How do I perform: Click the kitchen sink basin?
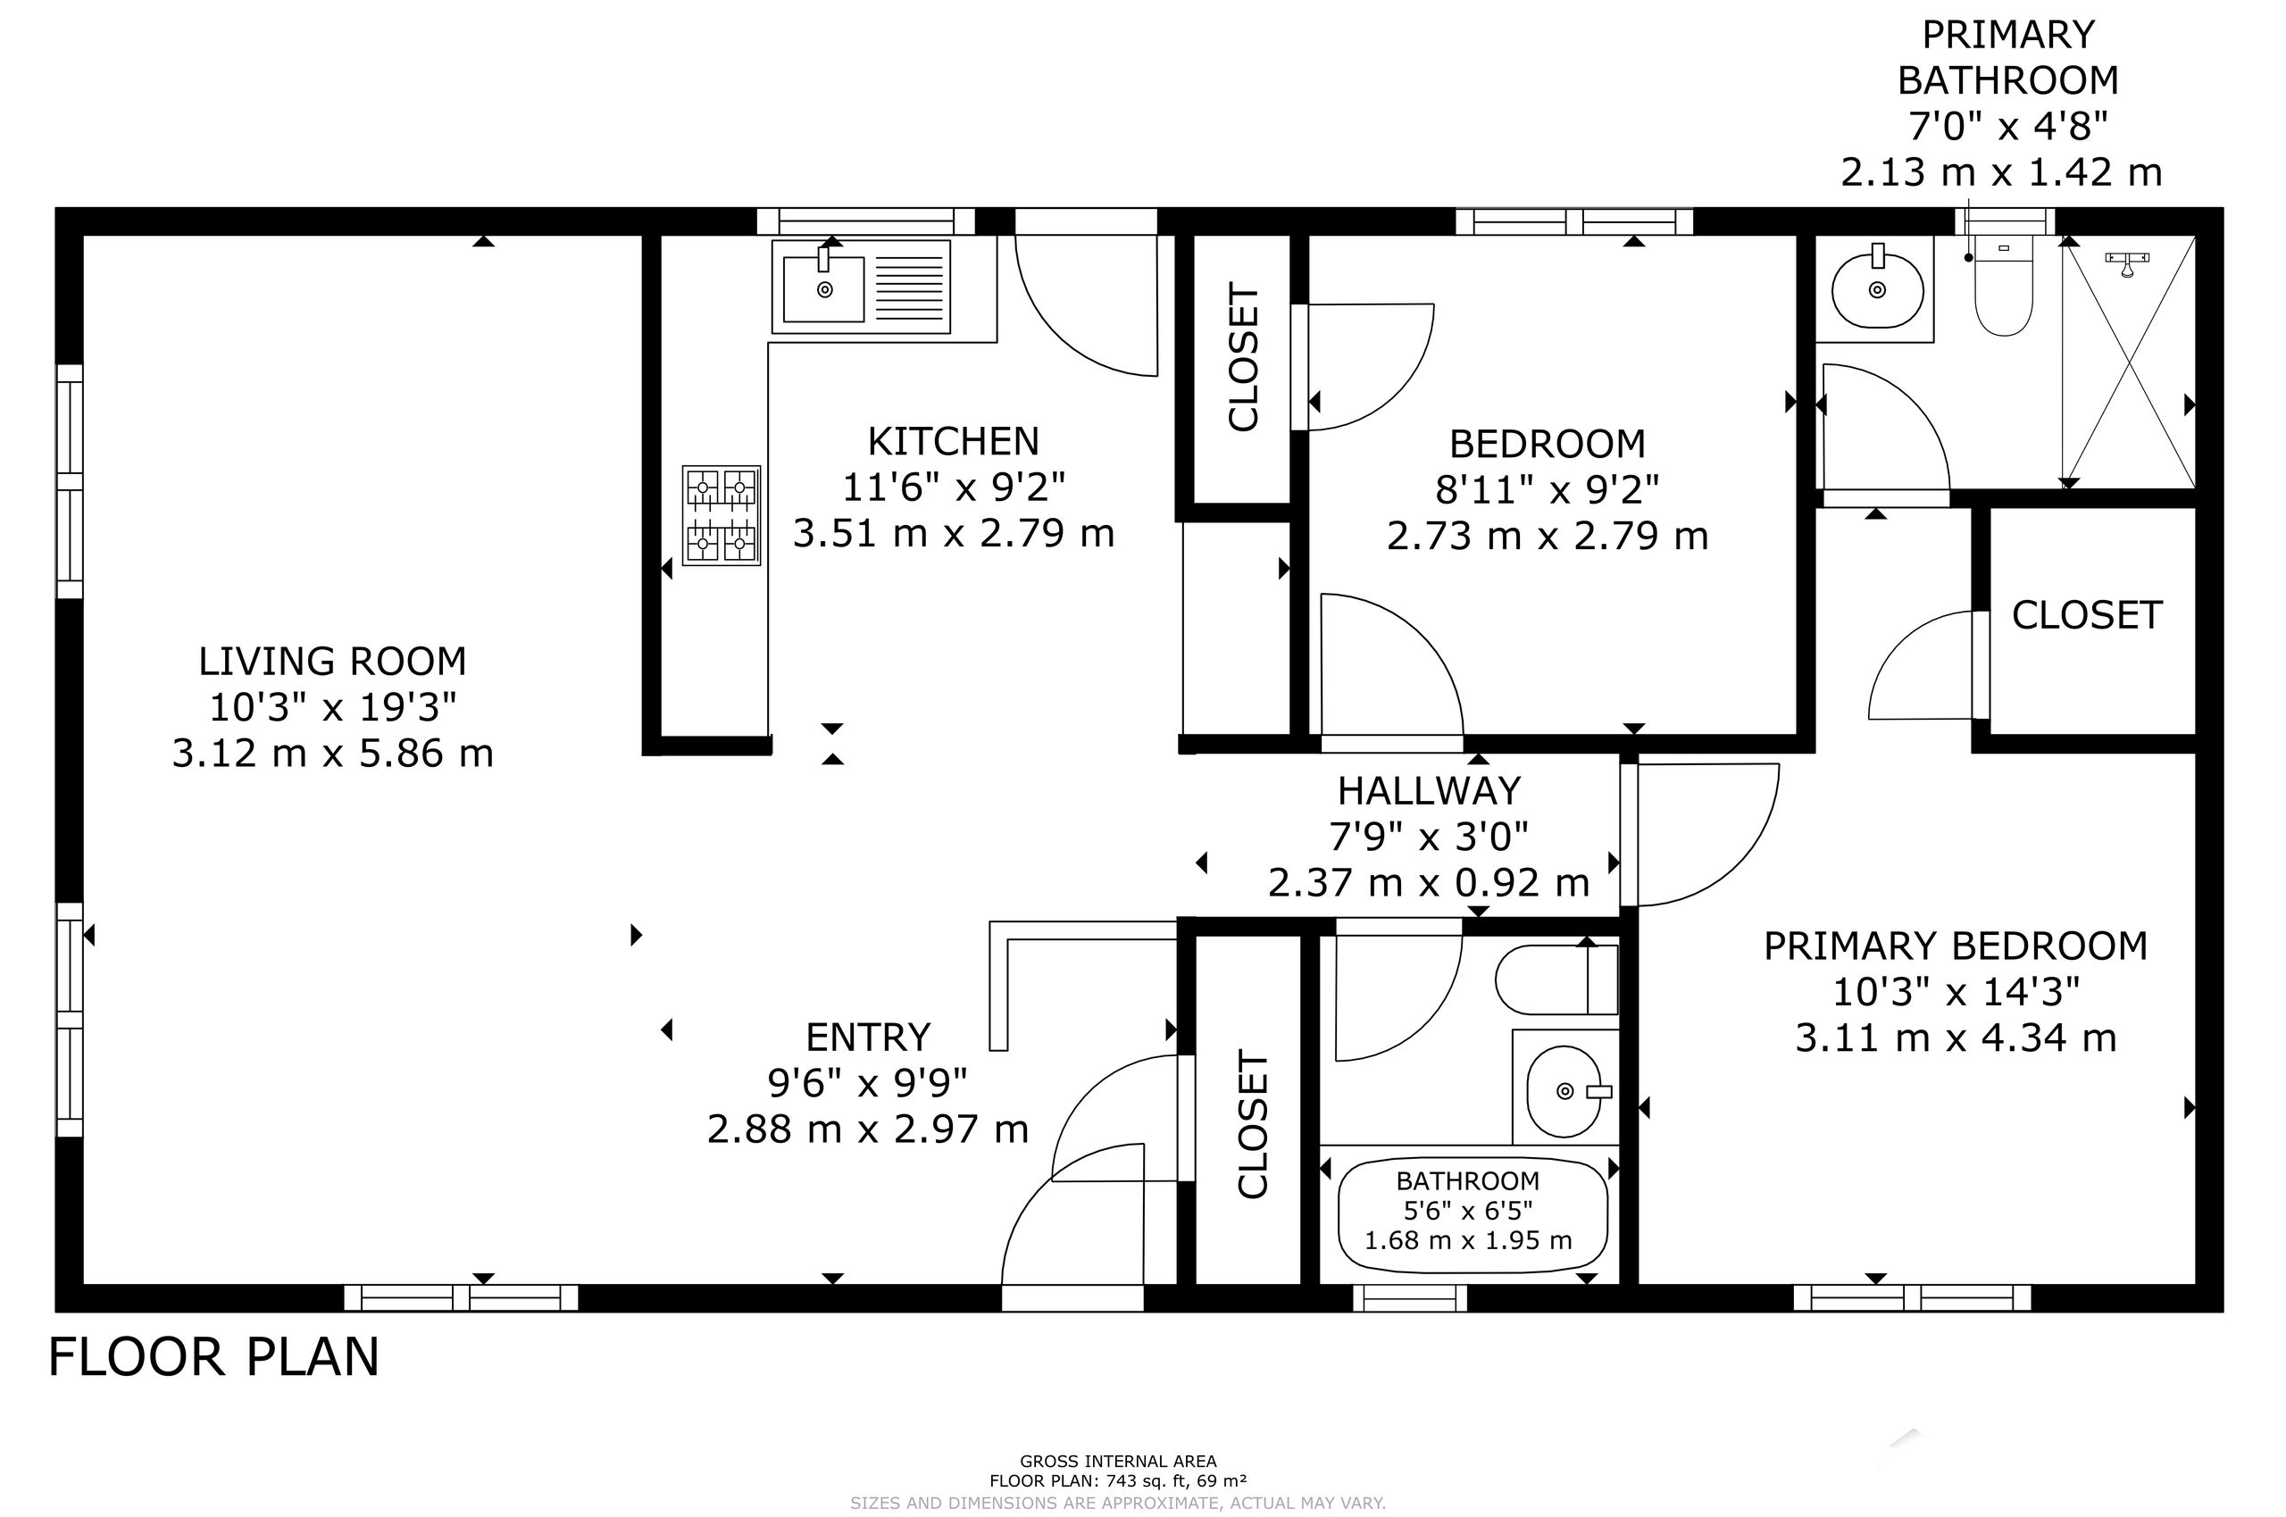pos(823,288)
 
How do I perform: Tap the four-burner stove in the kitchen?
pos(722,516)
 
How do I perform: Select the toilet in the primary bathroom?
pos(2004,287)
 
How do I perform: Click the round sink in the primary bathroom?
pos(1877,289)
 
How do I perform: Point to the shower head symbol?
pos(2127,263)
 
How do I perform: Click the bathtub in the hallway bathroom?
pos(1473,1213)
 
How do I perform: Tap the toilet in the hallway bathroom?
pos(1556,979)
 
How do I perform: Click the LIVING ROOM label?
pos(333,662)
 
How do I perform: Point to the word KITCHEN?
pos(953,442)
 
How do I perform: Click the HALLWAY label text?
pos(1429,791)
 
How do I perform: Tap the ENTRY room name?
pos(868,1038)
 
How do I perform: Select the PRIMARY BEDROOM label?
pos(1955,946)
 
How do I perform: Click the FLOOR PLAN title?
pos(213,1356)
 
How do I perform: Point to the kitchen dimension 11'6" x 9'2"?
pos(953,488)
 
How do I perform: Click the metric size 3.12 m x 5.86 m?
pos(333,754)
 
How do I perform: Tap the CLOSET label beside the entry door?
pos(1253,1124)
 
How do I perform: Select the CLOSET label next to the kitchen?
pos(1243,356)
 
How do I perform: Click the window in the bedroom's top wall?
pos(1574,221)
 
